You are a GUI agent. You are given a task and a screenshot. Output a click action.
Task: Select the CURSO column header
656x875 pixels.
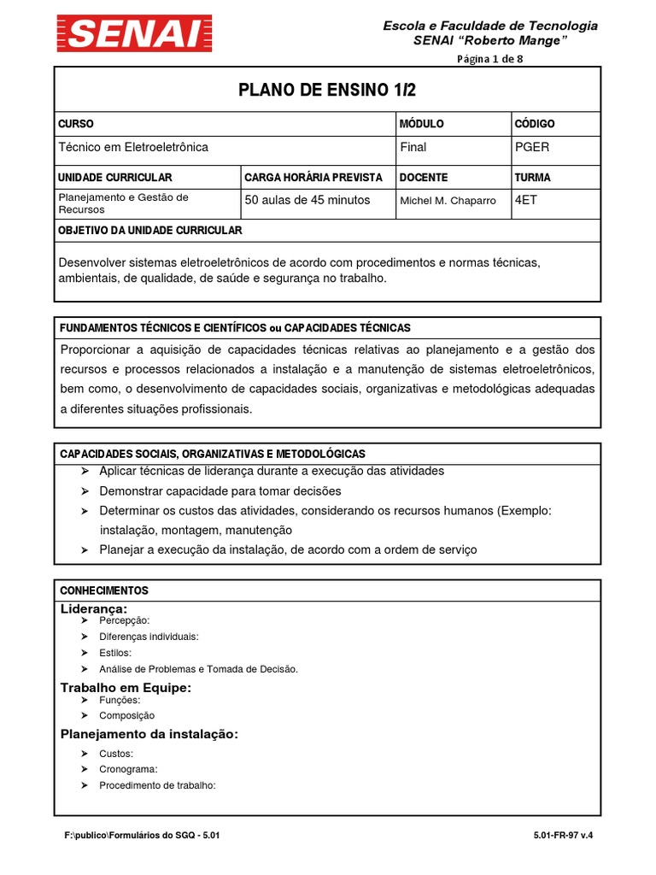point(75,124)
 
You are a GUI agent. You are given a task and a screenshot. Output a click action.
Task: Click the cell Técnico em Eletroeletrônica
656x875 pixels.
point(132,147)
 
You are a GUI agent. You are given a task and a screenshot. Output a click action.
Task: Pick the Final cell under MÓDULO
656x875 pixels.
point(413,147)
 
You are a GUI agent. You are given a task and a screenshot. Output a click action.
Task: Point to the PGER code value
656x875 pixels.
point(532,147)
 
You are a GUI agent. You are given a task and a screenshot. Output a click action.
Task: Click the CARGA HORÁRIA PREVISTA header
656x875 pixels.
point(313,178)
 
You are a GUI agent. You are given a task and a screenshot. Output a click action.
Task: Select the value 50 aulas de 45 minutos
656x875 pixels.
point(307,200)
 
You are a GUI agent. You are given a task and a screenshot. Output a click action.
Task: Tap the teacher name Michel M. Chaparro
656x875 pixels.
point(448,201)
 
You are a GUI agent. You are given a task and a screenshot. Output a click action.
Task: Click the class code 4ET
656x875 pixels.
point(527,200)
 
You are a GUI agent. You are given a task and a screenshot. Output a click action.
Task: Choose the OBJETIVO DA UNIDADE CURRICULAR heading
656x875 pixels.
point(149,231)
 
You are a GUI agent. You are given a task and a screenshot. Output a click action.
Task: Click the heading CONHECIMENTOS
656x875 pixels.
point(103,590)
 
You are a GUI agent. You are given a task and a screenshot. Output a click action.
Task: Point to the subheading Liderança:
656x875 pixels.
point(93,608)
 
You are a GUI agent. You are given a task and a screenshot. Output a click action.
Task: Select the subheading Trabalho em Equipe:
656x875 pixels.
point(126,688)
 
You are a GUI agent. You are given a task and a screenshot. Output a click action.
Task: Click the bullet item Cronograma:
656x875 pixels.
point(128,769)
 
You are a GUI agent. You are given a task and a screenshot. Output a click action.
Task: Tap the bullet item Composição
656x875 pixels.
point(126,716)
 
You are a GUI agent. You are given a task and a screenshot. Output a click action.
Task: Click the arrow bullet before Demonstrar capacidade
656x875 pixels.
point(85,491)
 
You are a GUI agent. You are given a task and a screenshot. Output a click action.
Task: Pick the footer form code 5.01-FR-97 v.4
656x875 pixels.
point(561,837)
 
